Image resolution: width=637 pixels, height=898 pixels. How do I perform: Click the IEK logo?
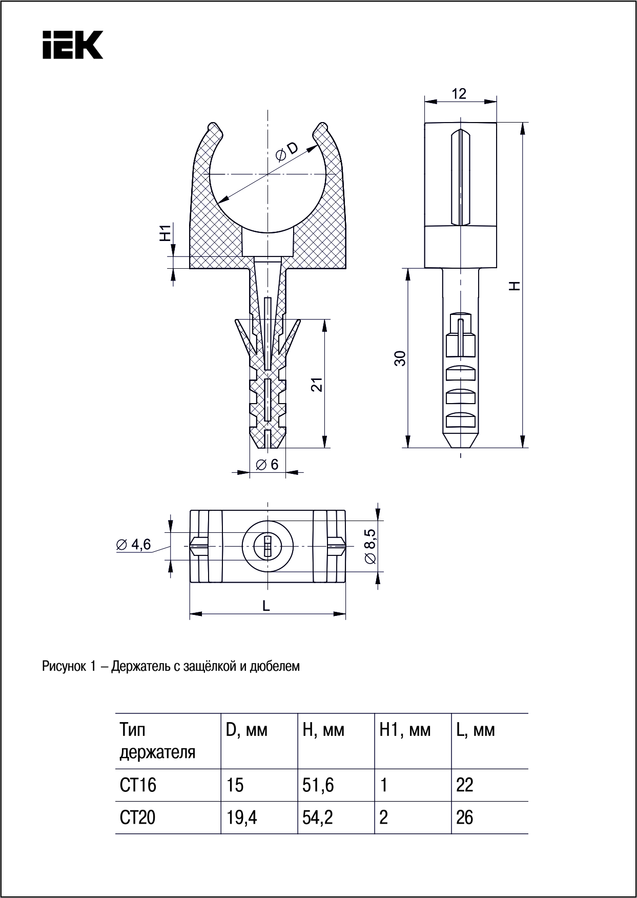click(73, 45)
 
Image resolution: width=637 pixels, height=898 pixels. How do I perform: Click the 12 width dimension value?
click(459, 93)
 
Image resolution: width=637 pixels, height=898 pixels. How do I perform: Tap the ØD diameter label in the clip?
click(286, 152)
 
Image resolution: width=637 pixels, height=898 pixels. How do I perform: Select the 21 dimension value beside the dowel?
click(318, 384)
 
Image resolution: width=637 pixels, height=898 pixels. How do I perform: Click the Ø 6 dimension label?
click(267, 464)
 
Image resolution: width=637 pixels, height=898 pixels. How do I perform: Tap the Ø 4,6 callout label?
click(134, 545)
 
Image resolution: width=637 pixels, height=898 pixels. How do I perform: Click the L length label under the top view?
click(266, 606)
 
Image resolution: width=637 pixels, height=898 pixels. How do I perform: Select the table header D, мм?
click(246, 730)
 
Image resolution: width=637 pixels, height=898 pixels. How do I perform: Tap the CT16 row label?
click(138, 785)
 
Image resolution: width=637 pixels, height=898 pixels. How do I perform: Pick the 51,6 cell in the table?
click(318, 785)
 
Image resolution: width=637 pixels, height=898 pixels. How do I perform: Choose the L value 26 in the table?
click(464, 817)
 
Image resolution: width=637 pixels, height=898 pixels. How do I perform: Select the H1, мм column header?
click(405, 730)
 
